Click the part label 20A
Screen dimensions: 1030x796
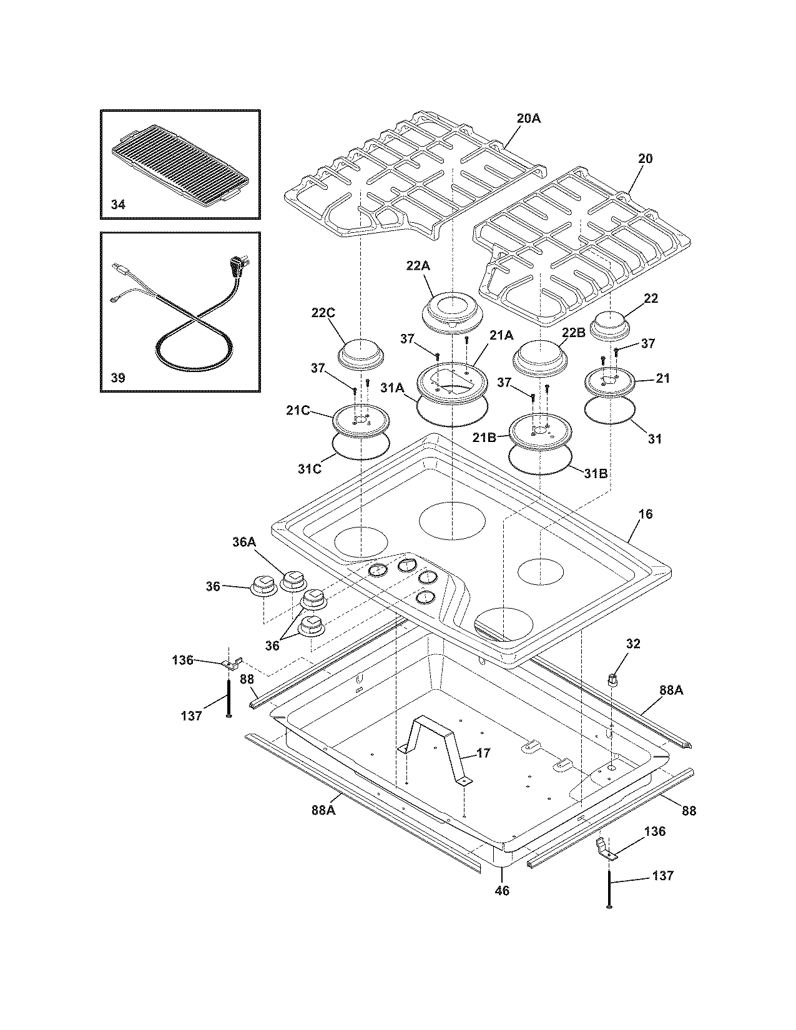[x=528, y=117]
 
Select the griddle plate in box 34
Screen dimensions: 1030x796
[x=177, y=164]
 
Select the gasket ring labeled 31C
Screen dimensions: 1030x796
[x=361, y=447]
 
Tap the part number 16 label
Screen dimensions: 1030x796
[x=646, y=514]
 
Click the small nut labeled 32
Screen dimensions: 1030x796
[x=612, y=679]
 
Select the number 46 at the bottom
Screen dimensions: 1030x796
[x=502, y=891]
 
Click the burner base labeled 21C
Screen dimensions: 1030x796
[x=361, y=419]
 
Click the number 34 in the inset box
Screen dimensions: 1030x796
[x=118, y=205]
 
